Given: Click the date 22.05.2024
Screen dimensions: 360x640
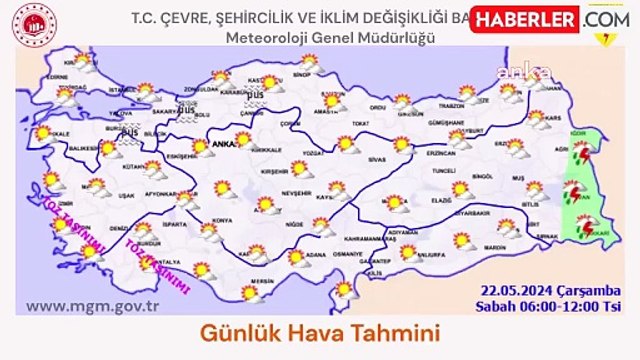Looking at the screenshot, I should (x=517, y=288).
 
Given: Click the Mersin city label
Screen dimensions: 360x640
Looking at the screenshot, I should (x=263, y=282).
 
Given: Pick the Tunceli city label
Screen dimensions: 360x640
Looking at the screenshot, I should (x=442, y=171).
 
